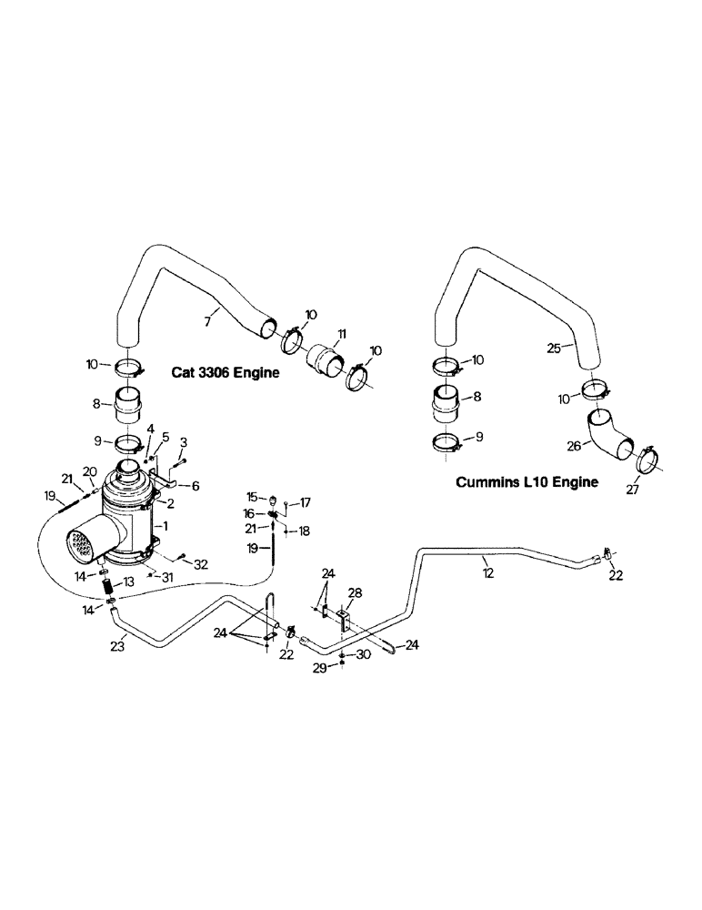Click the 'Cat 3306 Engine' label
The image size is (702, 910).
click(x=226, y=373)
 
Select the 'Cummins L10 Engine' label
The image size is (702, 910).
click(x=526, y=482)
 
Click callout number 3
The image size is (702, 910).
click(x=184, y=441)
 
